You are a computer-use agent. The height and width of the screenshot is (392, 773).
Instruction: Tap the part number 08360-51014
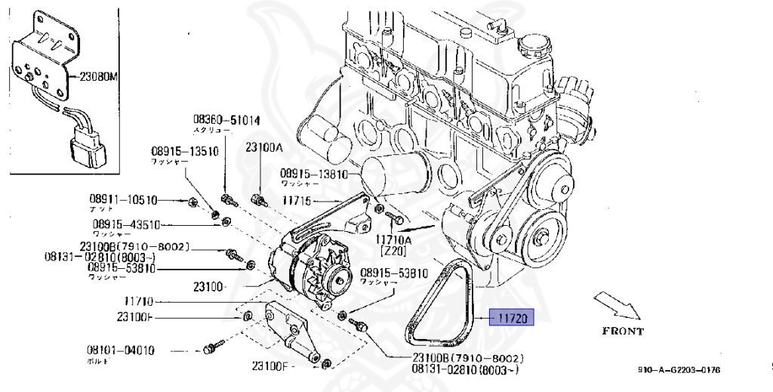[x=226, y=119]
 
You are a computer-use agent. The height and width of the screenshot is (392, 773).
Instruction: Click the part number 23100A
[x=263, y=148]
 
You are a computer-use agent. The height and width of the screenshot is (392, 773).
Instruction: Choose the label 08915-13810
[x=313, y=173]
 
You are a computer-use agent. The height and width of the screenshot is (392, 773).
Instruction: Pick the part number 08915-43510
[x=126, y=224]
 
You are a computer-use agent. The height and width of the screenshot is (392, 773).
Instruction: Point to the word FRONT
[x=622, y=332]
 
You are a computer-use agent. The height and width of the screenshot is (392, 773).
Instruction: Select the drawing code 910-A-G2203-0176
[x=679, y=370]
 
